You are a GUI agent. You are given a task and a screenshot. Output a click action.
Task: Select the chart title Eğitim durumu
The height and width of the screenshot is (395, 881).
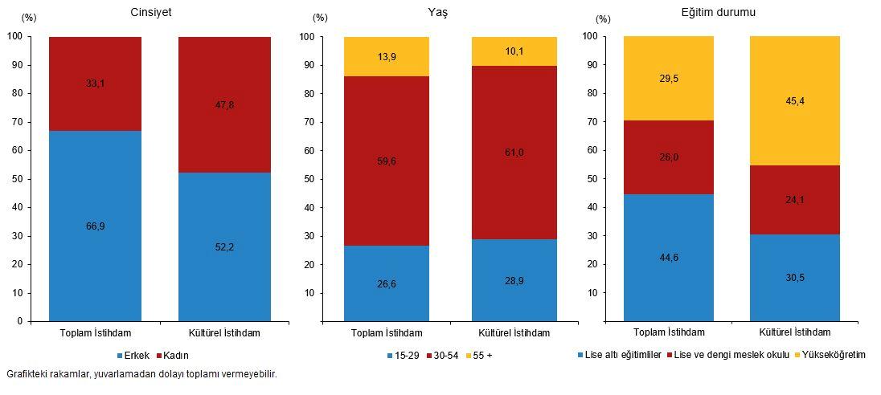tap(715, 12)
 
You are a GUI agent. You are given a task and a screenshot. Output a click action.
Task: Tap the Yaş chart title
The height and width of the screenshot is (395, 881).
tap(439, 12)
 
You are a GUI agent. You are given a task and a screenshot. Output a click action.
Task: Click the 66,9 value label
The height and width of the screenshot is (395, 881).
tap(95, 226)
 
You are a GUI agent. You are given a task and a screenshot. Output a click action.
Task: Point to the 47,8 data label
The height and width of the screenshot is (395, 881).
tap(224, 105)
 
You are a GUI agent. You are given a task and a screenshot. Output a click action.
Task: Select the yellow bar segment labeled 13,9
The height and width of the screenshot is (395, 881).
tap(386, 56)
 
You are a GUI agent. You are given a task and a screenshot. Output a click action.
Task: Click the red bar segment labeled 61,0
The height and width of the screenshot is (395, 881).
tap(514, 153)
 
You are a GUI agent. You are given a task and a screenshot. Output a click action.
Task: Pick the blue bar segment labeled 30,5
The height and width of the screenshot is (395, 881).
tap(794, 278)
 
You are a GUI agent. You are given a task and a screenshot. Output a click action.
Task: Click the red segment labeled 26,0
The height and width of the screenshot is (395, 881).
tap(669, 157)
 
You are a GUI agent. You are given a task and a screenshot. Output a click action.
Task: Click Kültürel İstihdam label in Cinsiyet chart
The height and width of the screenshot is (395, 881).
tap(224, 332)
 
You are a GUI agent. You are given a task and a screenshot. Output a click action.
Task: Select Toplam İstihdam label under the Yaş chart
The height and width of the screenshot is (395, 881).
tap(387, 332)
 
